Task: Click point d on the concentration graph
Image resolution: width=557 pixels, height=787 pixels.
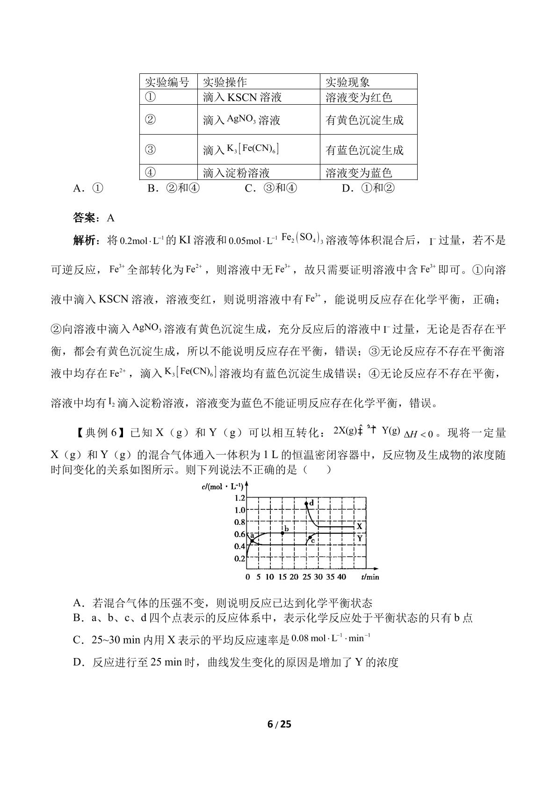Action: [306, 504]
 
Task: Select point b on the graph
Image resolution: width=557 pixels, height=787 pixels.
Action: [282, 533]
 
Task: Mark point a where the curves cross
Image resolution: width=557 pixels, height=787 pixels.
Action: [252, 541]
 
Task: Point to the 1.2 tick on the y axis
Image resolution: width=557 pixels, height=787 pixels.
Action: [239, 498]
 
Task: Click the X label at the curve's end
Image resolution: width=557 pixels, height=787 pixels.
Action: [359, 526]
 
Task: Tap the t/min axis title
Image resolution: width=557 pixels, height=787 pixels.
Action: [370, 577]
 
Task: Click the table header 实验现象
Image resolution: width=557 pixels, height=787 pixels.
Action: [348, 82]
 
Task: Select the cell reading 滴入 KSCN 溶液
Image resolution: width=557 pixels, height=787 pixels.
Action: [242, 97]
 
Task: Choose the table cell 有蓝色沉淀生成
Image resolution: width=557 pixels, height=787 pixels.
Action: [364, 150]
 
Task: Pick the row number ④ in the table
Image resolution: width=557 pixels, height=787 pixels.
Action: [150, 172]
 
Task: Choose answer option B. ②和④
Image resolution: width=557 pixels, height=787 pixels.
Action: [174, 188]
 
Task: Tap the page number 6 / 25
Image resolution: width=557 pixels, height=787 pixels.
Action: [279, 724]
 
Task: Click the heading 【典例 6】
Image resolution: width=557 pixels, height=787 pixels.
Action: [99, 433]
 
